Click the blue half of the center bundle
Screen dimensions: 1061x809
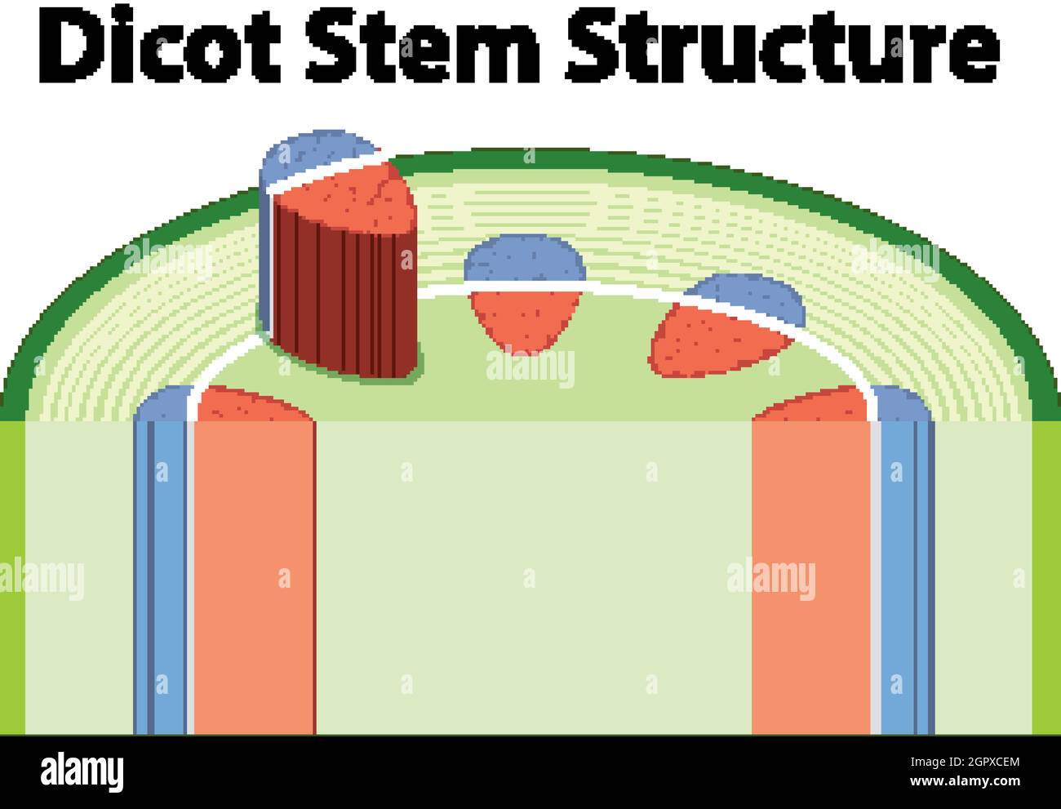point(525,259)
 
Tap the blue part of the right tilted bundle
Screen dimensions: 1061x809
point(754,296)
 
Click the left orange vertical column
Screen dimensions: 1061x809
point(255,577)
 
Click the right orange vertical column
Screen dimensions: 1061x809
point(811,577)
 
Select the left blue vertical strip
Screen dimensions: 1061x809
point(160,577)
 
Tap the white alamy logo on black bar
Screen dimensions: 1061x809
point(82,771)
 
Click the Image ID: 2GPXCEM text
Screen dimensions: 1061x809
point(965,762)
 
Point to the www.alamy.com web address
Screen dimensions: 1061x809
point(965,781)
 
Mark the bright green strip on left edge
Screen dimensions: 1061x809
point(12,577)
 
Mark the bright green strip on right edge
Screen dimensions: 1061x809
point(1046,577)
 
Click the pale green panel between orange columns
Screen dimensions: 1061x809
point(534,577)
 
